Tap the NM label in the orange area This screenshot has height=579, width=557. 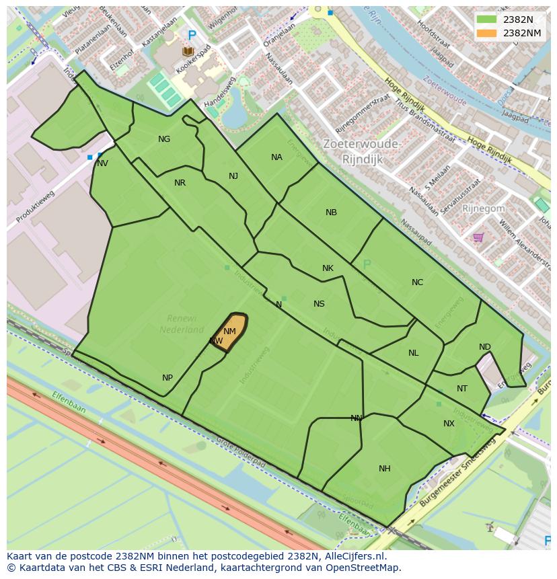pos(229,332)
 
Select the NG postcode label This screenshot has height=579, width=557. pos(164,139)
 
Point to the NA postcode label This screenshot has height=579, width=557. pos(276,157)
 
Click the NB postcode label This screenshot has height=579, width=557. pos(331,213)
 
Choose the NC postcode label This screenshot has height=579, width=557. pos(417,282)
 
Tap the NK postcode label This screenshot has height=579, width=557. pos(328,268)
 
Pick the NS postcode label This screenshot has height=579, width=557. pos(319,304)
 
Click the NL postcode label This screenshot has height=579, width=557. pos(413,353)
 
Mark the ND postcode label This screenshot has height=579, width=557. pos(484,347)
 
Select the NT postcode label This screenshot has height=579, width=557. pos(461,389)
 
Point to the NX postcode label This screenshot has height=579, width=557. pos(449,424)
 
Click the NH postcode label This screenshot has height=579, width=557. pos(384,469)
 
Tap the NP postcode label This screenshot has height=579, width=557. pos(168,378)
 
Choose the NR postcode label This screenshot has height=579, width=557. pos(180,183)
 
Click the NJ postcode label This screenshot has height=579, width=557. pos(233,176)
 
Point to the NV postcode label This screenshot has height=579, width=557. pos(102,163)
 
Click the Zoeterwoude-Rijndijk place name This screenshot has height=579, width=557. pos(361,152)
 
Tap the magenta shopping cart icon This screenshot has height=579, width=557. pos(478,237)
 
